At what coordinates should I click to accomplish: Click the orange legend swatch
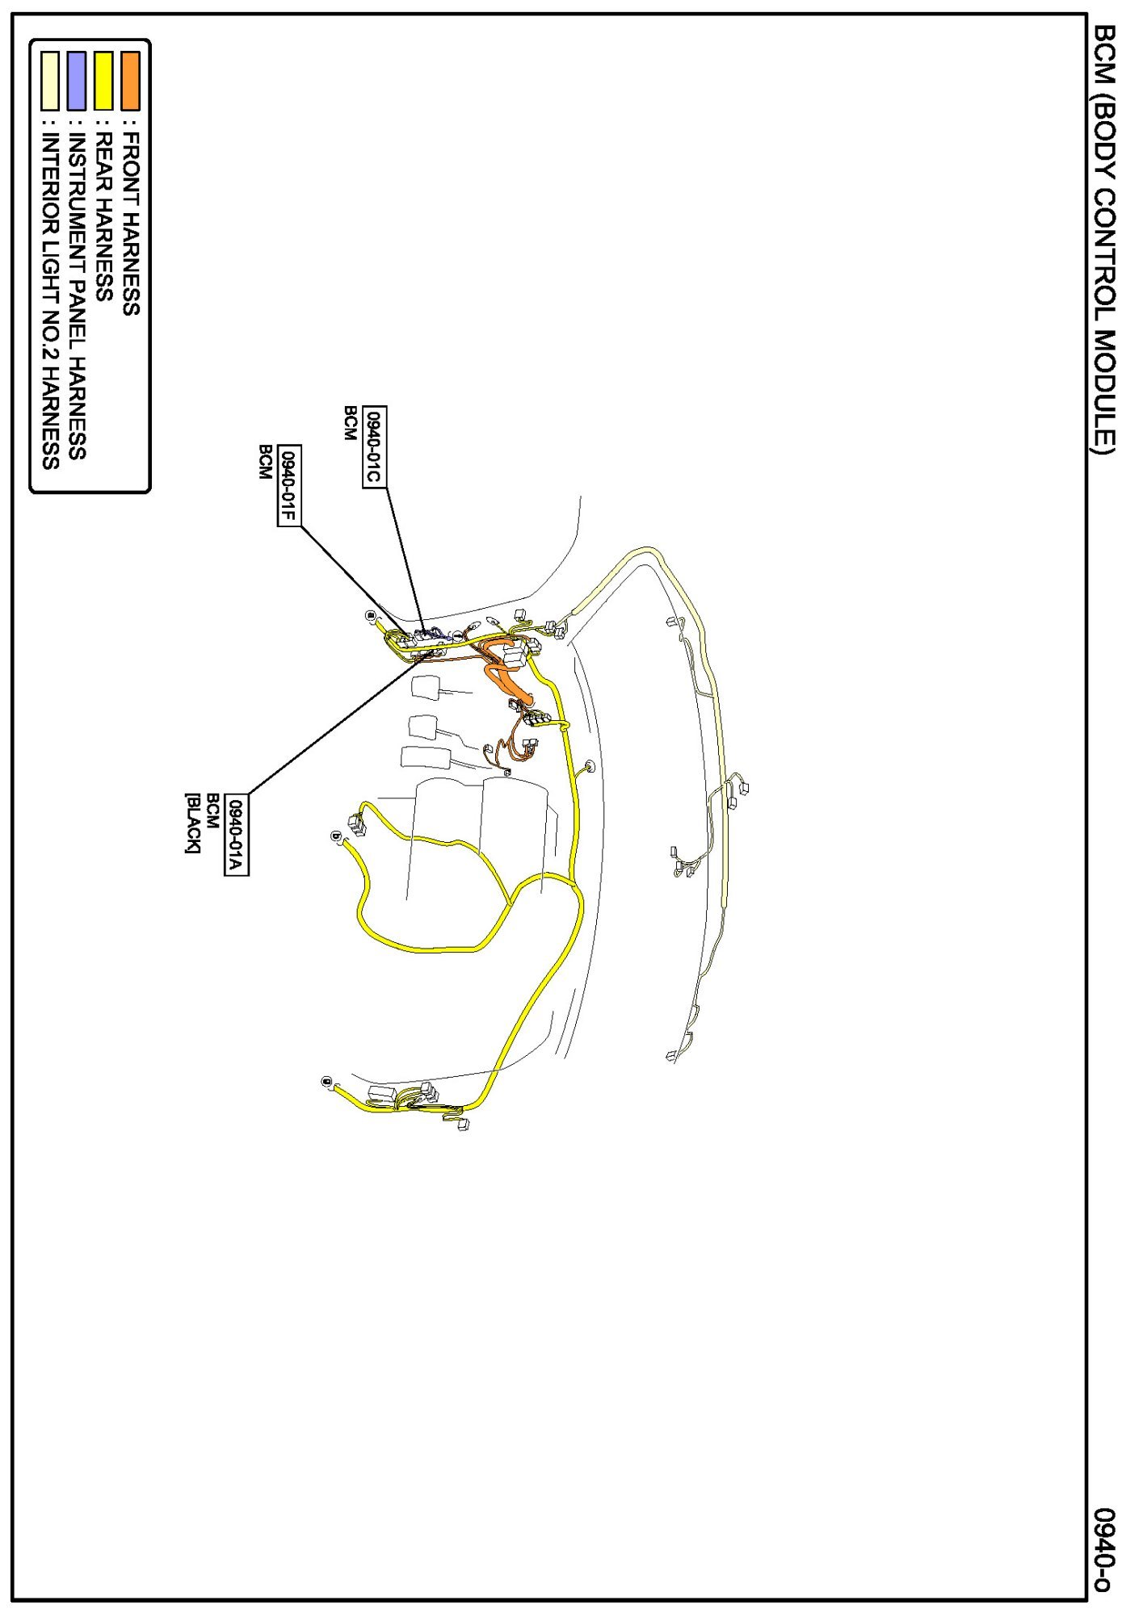(130, 81)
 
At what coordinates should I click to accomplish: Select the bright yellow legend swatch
(103, 81)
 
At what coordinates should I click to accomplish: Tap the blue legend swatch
(77, 81)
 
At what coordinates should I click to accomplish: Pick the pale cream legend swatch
(50, 81)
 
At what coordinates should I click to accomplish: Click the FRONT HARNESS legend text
(130, 224)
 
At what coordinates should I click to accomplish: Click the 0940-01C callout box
(373, 446)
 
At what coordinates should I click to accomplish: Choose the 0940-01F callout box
(288, 485)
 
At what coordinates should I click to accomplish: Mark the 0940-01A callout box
(235, 834)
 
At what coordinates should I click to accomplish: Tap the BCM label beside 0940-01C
(350, 423)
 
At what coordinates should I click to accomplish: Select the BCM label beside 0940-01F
(264, 462)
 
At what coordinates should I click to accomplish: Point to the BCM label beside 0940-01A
(212, 811)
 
